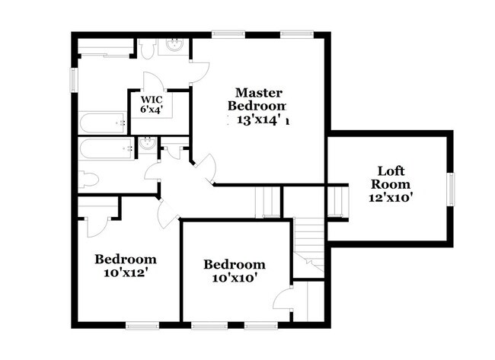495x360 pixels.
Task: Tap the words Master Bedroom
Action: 260,98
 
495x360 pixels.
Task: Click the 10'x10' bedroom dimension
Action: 235,278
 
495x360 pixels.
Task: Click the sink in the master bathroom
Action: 174,46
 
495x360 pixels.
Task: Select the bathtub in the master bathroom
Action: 101,122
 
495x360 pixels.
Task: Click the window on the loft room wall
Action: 450,190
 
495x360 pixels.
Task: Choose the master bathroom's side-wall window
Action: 75,79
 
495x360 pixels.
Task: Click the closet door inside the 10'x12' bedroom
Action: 98,225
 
